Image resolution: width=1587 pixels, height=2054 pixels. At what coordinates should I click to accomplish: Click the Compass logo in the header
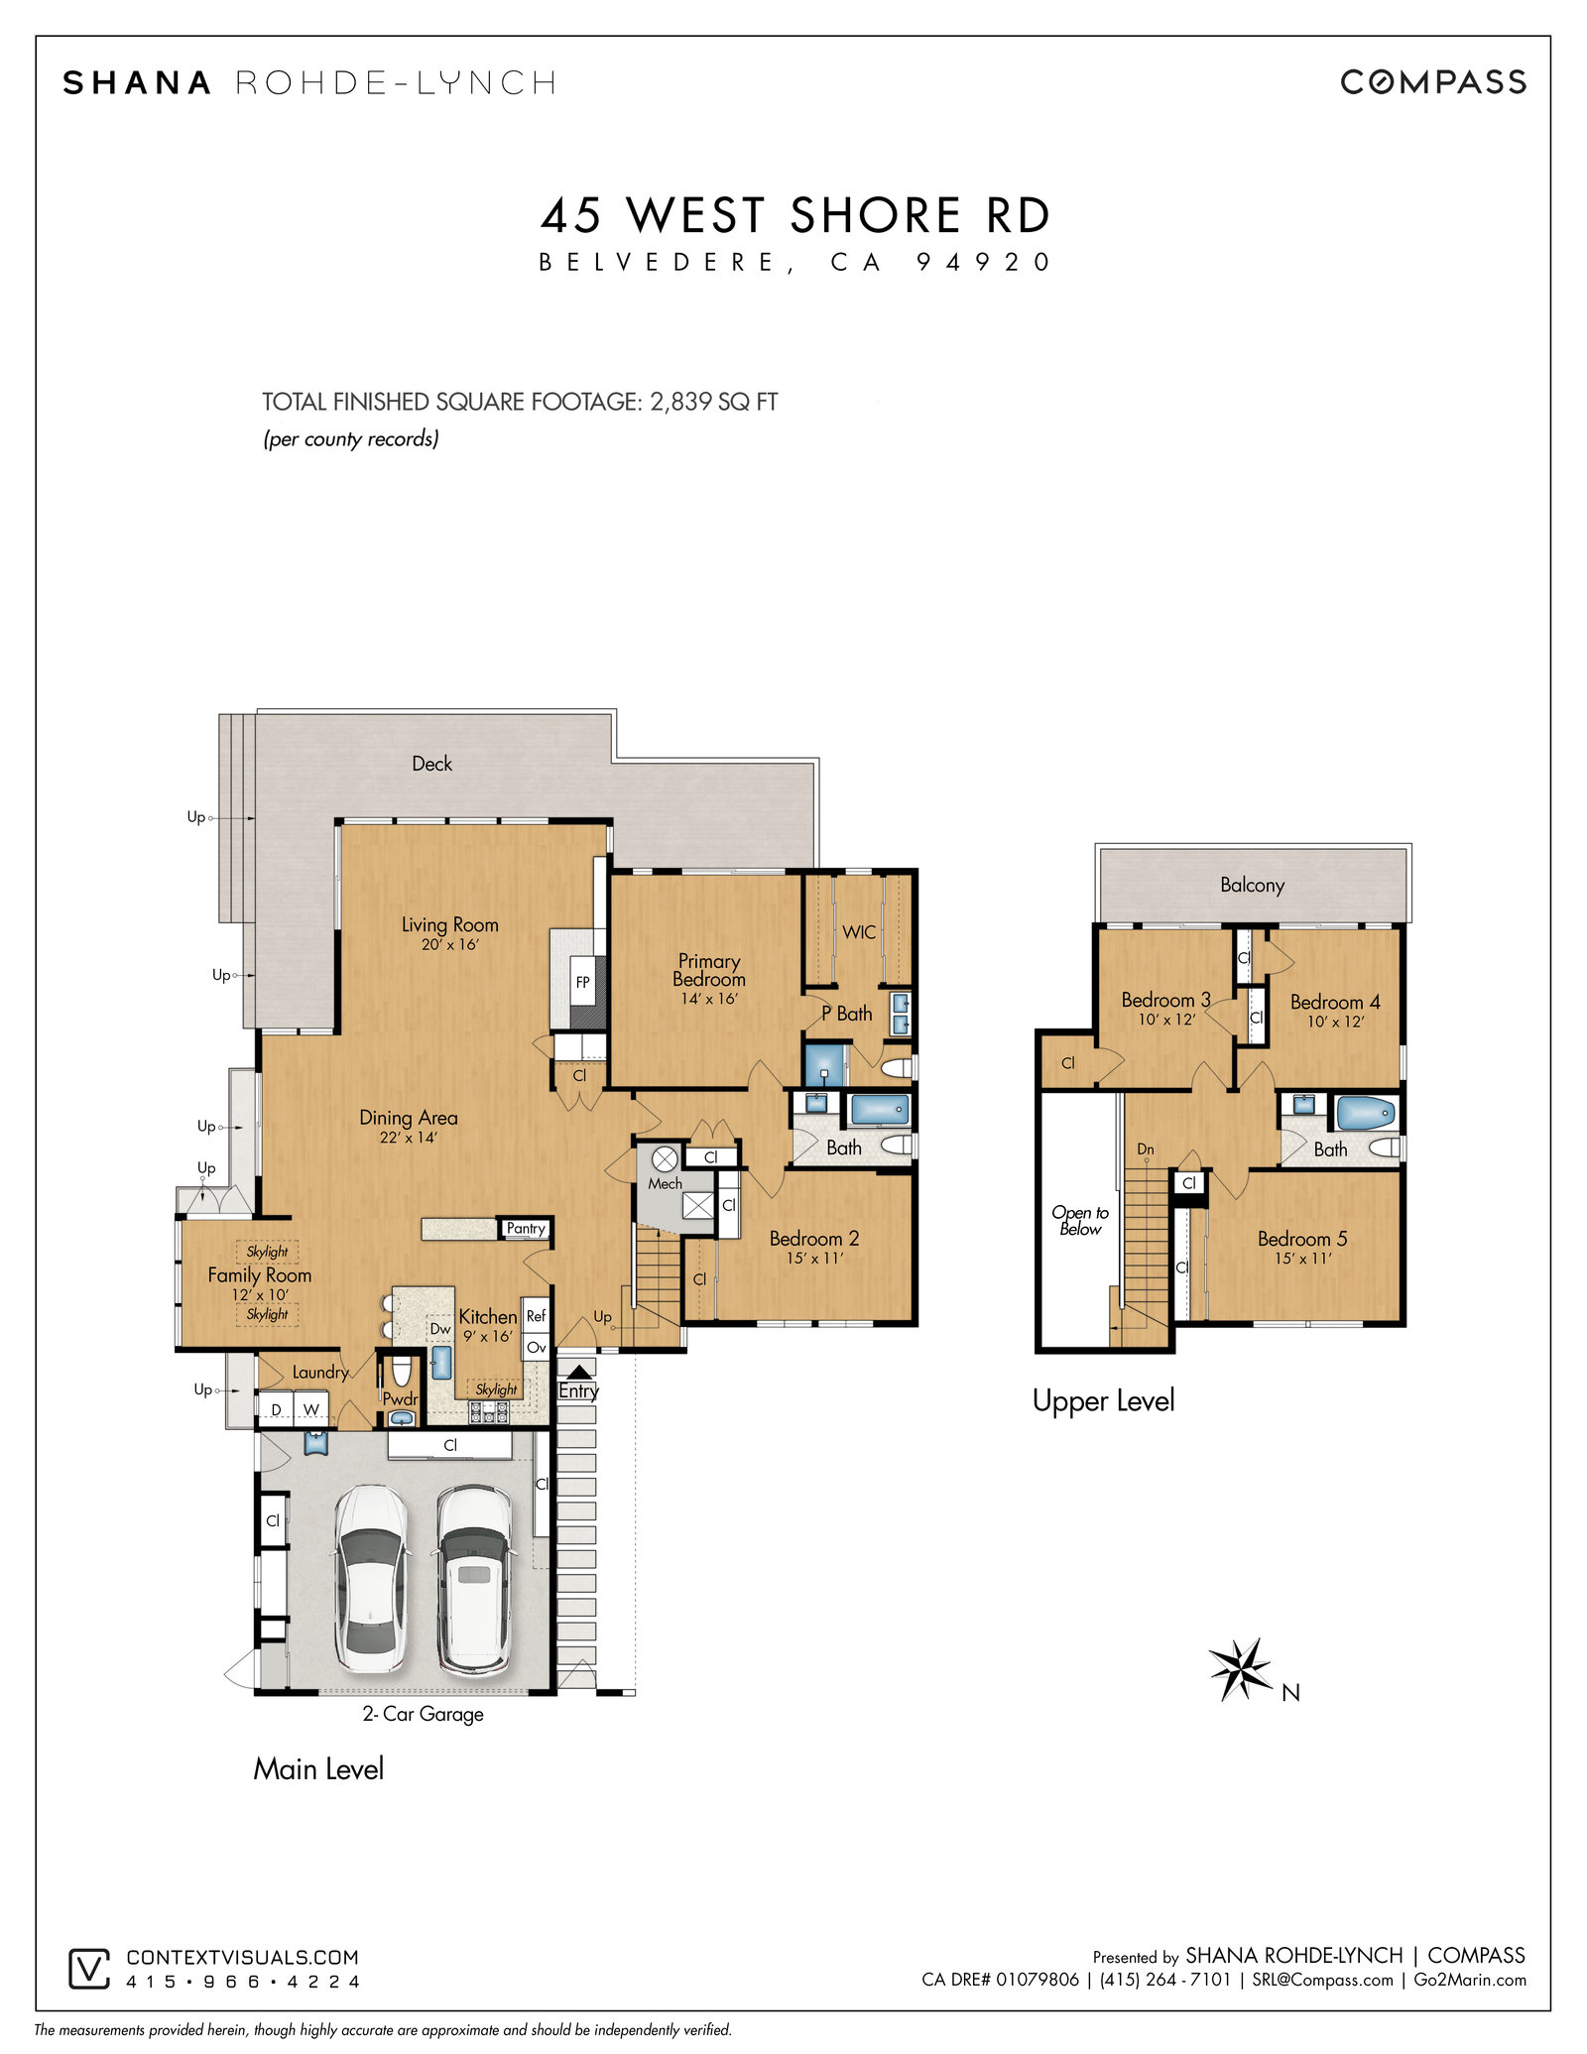tap(1433, 81)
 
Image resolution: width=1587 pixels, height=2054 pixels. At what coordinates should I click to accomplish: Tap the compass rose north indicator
tap(1240, 1669)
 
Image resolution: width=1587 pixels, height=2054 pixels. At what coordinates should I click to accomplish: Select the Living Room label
tap(449, 924)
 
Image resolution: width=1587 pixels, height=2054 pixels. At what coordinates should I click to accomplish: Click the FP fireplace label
tap(583, 982)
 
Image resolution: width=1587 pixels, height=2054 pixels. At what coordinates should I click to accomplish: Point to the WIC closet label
tap(859, 931)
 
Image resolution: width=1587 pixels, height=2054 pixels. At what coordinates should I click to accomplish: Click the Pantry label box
tap(526, 1228)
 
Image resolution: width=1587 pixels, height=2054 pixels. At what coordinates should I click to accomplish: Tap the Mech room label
tap(665, 1183)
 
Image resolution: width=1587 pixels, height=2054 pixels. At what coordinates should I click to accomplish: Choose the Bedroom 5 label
tap(1302, 1238)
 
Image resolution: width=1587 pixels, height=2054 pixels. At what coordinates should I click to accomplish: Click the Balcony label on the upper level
tap(1252, 885)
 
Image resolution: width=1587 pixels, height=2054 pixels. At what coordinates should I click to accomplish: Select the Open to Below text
tap(1080, 1220)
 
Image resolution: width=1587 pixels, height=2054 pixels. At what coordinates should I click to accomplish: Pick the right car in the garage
tap(474, 1578)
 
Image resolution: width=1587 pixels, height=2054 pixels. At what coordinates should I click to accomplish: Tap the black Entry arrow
tap(578, 1371)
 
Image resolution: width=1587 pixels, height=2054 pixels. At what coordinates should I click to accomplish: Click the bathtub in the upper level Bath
tap(1366, 1113)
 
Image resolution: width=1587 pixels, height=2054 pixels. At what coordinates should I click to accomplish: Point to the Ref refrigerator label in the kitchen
tap(536, 1315)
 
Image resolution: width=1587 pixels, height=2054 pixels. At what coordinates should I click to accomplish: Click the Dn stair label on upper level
tap(1146, 1148)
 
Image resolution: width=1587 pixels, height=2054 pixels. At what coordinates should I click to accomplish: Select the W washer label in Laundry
tap(311, 1409)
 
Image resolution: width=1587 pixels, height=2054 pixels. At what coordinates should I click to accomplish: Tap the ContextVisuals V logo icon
tap(88, 1969)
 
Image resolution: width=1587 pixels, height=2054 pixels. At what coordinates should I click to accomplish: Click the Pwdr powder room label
tap(401, 1399)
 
